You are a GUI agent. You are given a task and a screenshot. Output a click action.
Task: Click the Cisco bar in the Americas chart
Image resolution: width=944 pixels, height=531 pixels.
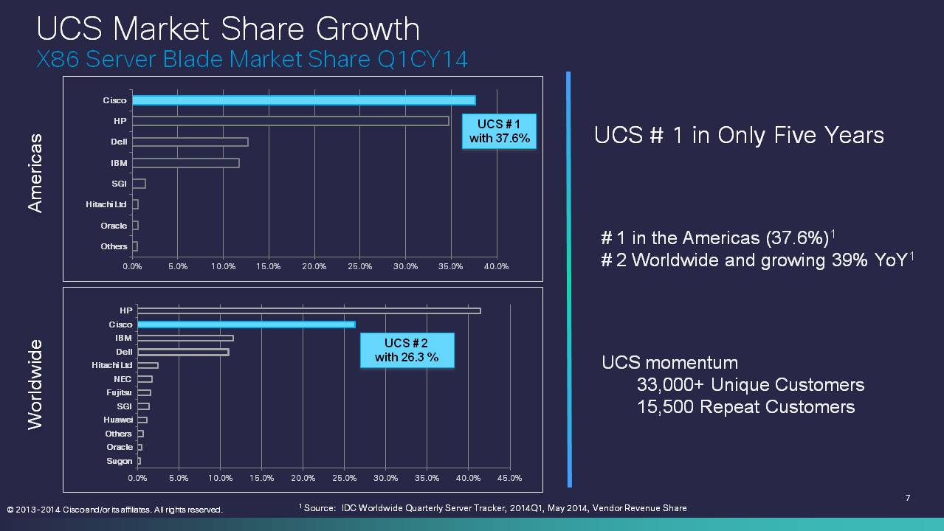coord(303,100)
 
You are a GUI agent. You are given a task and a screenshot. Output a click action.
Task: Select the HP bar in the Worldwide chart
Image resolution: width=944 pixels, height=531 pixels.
coord(309,310)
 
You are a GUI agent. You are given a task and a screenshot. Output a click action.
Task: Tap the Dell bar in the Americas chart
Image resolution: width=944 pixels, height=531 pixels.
coord(190,142)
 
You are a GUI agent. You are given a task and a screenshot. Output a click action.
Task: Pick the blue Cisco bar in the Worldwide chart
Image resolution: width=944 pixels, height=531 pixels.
coord(246,324)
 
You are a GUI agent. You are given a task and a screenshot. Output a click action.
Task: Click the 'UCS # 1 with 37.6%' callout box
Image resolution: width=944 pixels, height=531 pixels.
coord(499,131)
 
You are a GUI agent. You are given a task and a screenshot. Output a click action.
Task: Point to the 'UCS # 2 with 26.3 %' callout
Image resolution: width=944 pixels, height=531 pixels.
coord(406,350)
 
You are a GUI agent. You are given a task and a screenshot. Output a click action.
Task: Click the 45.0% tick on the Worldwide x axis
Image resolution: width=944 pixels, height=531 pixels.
coord(510,478)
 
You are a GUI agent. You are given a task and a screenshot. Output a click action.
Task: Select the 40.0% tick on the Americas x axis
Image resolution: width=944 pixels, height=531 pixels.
coord(497,266)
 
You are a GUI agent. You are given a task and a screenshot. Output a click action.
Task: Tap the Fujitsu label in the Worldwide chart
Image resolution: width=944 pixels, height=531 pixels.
coord(119,393)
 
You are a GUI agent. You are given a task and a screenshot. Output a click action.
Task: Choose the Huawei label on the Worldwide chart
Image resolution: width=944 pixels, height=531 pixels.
coord(118,420)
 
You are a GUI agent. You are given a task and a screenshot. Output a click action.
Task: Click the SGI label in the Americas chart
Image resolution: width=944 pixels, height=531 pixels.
coord(119,184)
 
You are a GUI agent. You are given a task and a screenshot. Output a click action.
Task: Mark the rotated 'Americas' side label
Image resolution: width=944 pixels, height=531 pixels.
coord(35,173)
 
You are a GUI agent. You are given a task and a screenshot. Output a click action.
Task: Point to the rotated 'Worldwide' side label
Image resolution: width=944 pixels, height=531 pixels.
coord(35,383)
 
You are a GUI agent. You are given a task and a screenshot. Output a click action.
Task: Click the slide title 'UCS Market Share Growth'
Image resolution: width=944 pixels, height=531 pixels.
coord(228,29)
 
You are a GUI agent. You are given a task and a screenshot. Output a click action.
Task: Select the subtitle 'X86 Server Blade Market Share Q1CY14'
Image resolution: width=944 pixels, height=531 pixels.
coord(252,59)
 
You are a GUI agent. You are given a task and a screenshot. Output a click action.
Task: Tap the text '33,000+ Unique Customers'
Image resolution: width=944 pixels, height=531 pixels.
coord(750,385)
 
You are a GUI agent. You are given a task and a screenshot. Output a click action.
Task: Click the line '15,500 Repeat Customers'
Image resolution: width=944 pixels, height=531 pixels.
coord(745,407)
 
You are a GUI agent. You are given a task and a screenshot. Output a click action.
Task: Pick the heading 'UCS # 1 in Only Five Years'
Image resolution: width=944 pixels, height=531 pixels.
coord(739,136)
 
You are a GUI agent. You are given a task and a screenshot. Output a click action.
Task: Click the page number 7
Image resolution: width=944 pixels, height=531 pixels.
coord(908,499)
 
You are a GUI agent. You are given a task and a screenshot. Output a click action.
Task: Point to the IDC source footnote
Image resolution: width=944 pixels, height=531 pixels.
coord(493,508)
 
